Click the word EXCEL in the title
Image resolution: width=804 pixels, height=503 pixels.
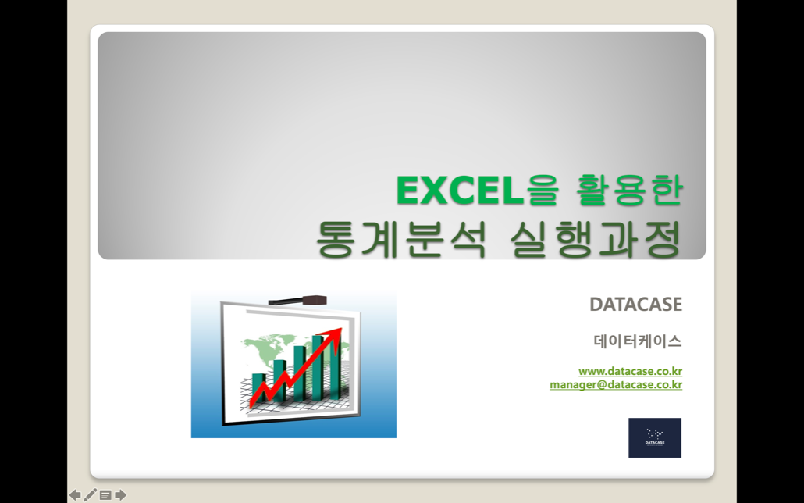460,191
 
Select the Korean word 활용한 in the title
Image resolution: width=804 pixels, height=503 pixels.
630,190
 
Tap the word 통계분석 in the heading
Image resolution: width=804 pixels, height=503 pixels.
400,239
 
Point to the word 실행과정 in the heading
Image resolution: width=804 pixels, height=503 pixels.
596,239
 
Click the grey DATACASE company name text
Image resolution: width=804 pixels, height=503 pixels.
636,305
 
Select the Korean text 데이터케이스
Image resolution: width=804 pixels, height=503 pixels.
638,341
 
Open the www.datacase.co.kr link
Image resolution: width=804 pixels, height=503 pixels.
630,371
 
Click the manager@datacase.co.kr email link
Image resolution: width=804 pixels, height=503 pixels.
616,384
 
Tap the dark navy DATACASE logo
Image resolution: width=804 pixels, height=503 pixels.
655,438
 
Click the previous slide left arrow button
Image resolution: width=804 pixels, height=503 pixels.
75,494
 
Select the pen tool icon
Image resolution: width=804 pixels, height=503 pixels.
90,494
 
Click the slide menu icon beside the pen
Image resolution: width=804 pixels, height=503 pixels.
105,494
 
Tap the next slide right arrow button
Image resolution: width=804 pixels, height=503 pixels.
120,494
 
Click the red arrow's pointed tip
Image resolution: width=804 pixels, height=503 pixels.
341,328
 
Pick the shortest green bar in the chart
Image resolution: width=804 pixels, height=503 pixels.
259,387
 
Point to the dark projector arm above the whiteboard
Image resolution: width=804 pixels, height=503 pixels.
298,300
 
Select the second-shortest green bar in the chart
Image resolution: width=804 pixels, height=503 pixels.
279,380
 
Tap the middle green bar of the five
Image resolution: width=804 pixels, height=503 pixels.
300,373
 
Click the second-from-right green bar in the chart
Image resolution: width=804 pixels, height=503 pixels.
318,368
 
